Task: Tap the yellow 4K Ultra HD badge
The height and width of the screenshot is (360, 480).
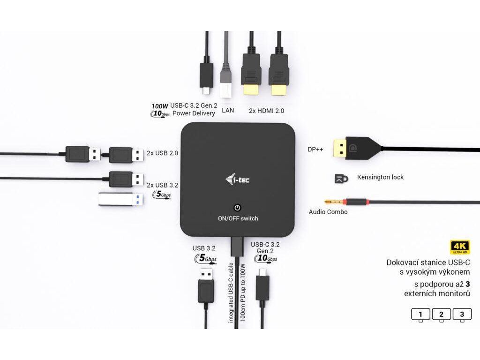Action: [x=460, y=247]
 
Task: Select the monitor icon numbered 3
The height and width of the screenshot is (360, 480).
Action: [x=462, y=314]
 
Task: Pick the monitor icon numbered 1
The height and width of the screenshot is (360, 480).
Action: [x=420, y=314]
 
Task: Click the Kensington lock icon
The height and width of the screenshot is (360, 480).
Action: [x=341, y=178]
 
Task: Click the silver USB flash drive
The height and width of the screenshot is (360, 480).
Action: [x=119, y=199]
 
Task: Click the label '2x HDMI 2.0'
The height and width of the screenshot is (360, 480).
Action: [x=266, y=111]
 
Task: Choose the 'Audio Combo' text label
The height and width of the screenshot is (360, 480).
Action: [x=328, y=212]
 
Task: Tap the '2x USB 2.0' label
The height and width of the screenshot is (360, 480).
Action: [x=162, y=153]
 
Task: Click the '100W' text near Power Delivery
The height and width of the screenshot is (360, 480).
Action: [x=160, y=105]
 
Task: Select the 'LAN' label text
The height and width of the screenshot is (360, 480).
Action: [x=228, y=111]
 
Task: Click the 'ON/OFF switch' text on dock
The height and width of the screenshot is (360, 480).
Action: [x=238, y=218]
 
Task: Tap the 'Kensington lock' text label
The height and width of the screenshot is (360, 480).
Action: [x=380, y=177]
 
